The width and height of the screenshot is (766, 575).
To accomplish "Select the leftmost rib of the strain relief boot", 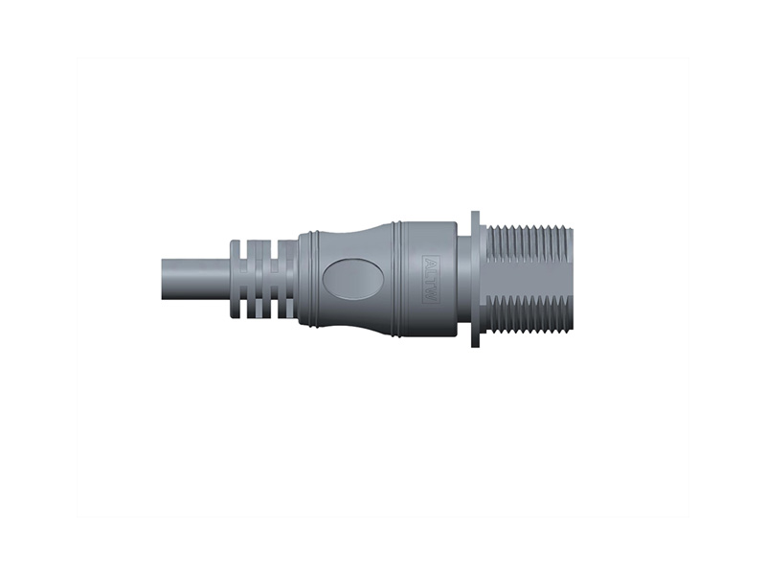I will (236, 278).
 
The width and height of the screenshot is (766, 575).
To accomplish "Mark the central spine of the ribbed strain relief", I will (263, 279).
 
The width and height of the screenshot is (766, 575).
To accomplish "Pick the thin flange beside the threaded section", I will (476, 279).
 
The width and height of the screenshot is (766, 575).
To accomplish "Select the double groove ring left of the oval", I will (309, 279).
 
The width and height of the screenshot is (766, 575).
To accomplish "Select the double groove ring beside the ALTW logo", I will (397, 279).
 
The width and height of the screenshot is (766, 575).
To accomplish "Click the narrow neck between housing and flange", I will (463, 279).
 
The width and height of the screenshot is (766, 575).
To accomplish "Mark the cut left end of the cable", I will (161, 279).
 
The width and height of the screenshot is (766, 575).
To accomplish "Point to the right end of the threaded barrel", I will (571, 279).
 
